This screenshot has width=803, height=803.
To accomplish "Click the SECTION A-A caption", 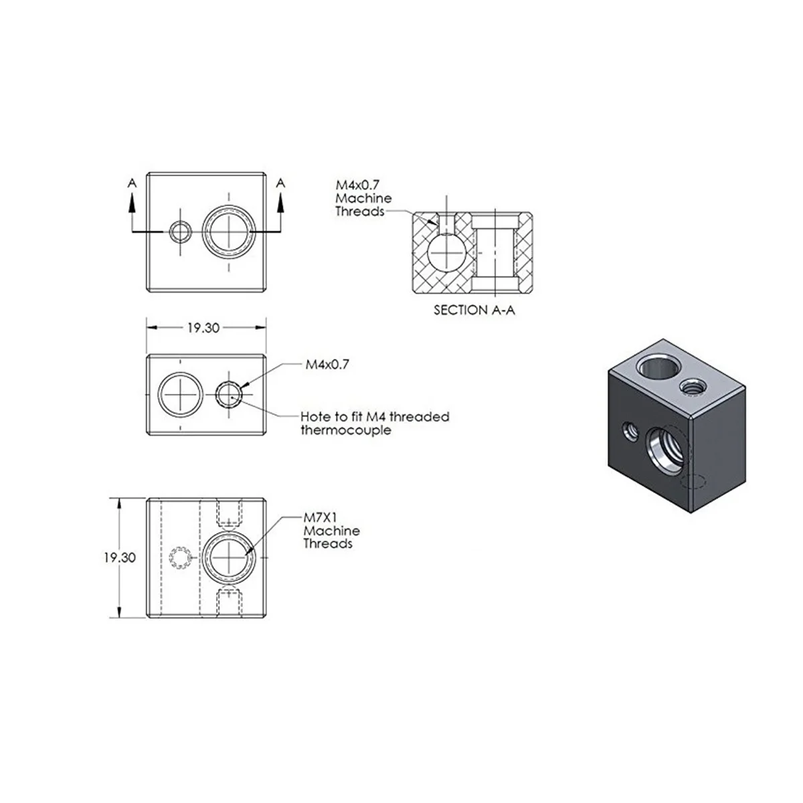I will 474,310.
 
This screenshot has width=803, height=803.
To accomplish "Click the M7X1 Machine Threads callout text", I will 331,531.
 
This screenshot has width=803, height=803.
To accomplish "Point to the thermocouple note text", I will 375,423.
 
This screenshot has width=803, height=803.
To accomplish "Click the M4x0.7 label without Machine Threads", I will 328,365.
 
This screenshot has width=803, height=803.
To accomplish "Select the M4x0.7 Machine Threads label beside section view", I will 363,198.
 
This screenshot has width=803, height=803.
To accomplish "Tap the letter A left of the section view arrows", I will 132,183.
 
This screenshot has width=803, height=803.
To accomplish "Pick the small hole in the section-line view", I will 180,232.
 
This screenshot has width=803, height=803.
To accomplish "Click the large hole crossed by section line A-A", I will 229,231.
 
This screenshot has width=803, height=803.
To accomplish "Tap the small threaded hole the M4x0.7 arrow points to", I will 230,393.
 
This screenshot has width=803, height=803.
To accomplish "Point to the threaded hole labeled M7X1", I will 229,557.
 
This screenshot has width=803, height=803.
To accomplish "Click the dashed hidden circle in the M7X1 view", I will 180,557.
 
